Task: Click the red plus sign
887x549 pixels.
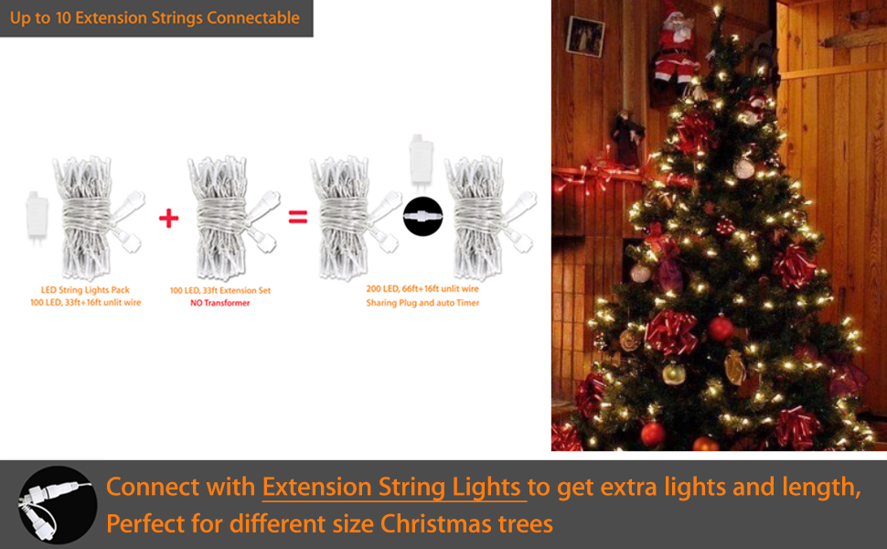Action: (x=168, y=219)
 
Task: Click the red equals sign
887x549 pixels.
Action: (x=297, y=218)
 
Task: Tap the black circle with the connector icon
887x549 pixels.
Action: (x=422, y=217)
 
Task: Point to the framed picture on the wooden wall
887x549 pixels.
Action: (x=584, y=36)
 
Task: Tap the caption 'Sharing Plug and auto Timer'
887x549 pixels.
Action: (x=422, y=302)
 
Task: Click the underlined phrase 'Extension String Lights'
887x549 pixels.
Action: (x=393, y=488)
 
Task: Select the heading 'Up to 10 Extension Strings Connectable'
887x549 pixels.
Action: (x=155, y=17)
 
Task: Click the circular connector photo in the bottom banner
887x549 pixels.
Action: (x=58, y=504)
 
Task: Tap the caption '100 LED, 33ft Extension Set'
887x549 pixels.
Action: (x=219, y=291)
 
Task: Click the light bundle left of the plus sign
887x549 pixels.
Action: (x=91, y=218)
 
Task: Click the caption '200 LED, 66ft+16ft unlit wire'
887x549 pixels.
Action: (x=422, y=289)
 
